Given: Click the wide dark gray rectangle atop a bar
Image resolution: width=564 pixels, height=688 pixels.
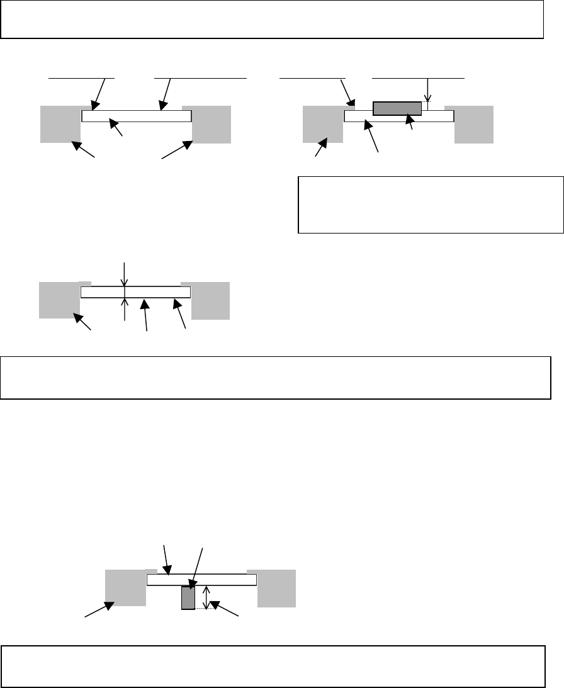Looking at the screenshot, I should click(x=397, y=108).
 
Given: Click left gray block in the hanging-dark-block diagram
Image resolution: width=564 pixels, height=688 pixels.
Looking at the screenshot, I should click(x=125, y=588).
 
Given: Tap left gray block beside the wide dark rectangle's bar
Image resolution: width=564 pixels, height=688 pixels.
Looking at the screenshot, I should click(x=322, y=124).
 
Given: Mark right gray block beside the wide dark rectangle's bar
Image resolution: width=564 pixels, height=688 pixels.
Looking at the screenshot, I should click(x=474, y=124).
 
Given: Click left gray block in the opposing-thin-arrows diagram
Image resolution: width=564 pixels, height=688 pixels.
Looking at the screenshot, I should click(x=59, y=300).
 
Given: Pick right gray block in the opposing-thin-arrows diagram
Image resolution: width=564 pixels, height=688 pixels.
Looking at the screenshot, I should click(x=210, y=300).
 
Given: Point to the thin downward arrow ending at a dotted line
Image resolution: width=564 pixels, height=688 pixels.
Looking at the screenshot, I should click(x=427, y=89).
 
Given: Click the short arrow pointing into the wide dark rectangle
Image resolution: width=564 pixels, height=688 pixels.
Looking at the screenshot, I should click(x=412, y=122).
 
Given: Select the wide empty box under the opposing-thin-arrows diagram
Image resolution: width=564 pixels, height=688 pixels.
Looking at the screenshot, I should click(x=276, y=378).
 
